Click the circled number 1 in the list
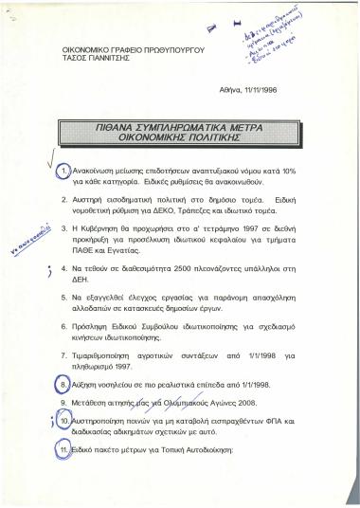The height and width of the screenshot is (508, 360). [64, 171]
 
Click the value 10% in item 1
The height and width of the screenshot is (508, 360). [289, 171]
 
